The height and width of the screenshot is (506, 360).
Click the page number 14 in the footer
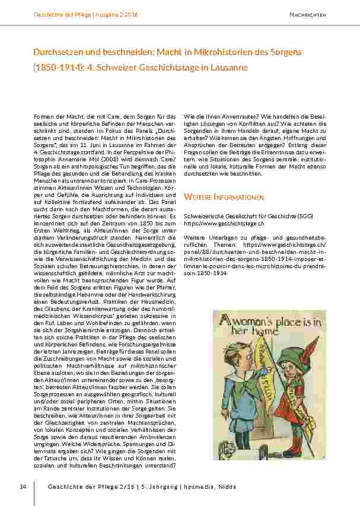click(23, 487)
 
